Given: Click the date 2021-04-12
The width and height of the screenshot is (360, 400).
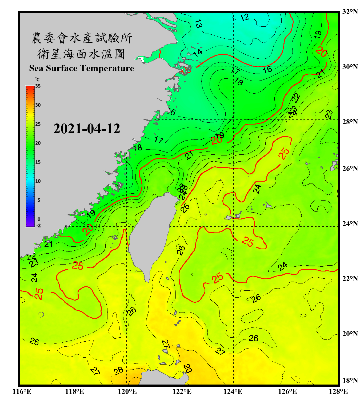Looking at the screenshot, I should pyautogui.click(x=87, y=129).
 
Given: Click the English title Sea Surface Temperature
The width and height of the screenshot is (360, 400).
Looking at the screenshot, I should pyautogui.click(x=81, y=68).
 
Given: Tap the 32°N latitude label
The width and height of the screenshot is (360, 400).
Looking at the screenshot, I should pyautogui.click(x=350, y=11).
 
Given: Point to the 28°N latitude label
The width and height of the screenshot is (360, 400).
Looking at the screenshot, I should pyautogui.click(x=350, y=122).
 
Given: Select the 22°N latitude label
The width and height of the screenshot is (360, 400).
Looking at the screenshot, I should pyautogui.click(x=350, y=279).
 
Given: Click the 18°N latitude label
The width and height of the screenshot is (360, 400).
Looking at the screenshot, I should pyautogui.click(x=350, y=380).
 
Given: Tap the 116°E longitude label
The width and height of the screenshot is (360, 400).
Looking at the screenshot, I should pyautogui.click(x=22, y=391).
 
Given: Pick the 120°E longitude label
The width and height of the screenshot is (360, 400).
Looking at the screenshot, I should pyautogui.click(x=127, y=391).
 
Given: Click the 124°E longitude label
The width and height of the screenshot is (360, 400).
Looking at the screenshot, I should pyautogui.click(x=233, y=391).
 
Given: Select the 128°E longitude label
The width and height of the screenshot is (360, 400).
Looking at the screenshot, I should pyautogui.click(x=338, y=391).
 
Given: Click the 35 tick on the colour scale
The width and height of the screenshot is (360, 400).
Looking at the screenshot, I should pyautogui.click(x=38, y=86).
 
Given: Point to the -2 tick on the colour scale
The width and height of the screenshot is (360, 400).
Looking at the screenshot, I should pyautogui.click(x=38, y=225).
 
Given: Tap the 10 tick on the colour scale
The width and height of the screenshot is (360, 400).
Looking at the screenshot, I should pyautogui.click(x=38, y=181).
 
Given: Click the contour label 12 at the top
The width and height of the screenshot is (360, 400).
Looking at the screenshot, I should pyautogui.click(x=245, y=18).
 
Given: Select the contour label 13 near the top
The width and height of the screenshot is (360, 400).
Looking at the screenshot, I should pyautogui.click(x=198, y=24).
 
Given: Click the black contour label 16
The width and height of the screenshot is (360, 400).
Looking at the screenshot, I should pyautogui.click(x=267, y=70).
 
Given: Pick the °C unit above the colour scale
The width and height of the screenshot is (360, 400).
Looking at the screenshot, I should pyautogui.click(x=37, y=79).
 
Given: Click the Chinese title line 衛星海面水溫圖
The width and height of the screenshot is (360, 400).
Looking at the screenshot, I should pyautogui.click(x=81, y=54).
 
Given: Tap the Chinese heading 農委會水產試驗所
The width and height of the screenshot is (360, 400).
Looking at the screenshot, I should pyautogui.click(x=81, y=38).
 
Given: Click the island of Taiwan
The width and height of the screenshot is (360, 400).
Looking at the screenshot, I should pyautogui.click(x=152, y=235).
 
